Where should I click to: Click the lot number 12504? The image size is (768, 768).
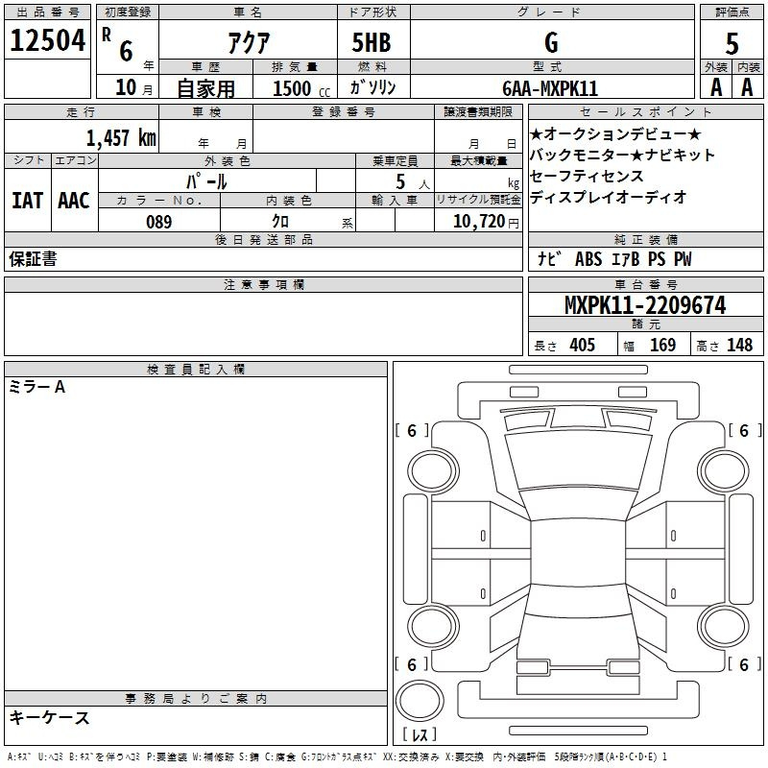coord(48,40)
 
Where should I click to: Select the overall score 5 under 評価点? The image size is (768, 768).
coord(732,43)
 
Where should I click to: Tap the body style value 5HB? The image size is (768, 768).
coord(372,42)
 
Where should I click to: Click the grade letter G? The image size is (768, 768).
coord(551,42)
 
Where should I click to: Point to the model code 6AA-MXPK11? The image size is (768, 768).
coord(550,88)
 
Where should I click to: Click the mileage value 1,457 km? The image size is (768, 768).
coord(121,137)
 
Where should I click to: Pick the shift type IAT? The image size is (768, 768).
coord(28,201)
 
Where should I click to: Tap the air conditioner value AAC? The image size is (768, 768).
coord(74,201)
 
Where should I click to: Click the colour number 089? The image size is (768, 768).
coord(159,222)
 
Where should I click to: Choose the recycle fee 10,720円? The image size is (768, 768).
coord(486,222)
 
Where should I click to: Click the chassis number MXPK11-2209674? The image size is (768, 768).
coord(645,305)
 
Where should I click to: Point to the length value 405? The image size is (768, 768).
coord(583,345)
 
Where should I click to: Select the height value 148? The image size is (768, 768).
coord(739,345)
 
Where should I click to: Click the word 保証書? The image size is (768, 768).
coord(33,258)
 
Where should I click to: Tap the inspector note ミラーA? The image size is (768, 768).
coord(36,387)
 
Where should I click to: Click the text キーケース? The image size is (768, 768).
coord(50,717)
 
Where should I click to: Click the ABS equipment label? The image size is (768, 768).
coord(588,258)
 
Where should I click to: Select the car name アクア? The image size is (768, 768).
coord(249,42)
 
